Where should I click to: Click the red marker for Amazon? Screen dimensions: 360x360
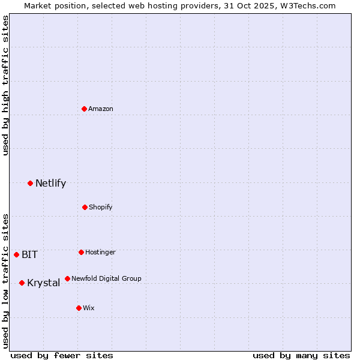click(84, 109)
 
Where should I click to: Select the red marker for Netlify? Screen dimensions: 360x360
click(30, 183)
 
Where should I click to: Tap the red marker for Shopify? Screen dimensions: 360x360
click(85, 207)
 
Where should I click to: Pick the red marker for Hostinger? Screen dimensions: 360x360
click(81, 252)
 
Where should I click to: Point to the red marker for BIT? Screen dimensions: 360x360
click(16, 254)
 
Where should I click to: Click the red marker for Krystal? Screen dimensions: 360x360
click(22, 283)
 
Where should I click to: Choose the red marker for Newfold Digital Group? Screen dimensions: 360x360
click(67, 278)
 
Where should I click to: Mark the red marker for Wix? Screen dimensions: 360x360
click(79, 308)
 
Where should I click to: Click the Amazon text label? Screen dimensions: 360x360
click(101, 109)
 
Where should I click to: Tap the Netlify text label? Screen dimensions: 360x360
click(50, 184)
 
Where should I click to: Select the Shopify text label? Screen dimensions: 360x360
click(101, 207)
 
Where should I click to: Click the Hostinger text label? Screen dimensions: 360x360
click(100, 252)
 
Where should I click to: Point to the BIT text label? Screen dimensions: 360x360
click(29, 254)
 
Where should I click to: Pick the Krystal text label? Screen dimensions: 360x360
click(43, 283)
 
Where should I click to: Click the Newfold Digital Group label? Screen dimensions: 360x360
click(106, 278)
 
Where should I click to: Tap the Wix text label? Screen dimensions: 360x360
click(89, 308)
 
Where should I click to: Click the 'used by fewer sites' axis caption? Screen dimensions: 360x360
click(62, 355)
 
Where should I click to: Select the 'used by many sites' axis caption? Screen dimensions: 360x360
click(301, 355)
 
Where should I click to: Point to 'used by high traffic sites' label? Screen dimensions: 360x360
click(5, 85)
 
